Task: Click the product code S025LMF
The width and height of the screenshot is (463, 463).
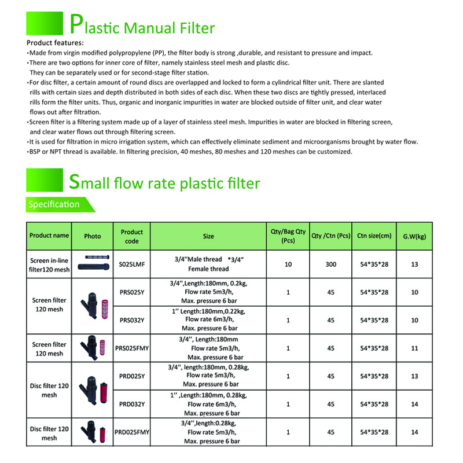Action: (132, 264)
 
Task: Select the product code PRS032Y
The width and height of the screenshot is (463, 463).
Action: (132, 320)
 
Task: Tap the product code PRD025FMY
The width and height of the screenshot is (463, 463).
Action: (132, 432)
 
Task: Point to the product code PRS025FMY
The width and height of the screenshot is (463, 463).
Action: (132, 348)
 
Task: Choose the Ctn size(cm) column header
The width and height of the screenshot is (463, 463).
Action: (374, 236)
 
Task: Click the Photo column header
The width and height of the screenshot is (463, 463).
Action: (92, 236)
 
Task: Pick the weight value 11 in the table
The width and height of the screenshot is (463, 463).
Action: (415, 348)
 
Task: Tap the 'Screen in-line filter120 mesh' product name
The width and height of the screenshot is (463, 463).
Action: (49, 264)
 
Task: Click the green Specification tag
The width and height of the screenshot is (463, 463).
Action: (54, 204)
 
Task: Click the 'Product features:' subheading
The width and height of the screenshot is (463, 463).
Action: (56, 43)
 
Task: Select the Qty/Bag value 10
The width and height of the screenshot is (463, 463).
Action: (288, 264)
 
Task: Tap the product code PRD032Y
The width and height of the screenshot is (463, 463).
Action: (132, 404)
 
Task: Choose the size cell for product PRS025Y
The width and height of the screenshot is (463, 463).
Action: (208, 292)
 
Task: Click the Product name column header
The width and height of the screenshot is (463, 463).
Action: (49, 236)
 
